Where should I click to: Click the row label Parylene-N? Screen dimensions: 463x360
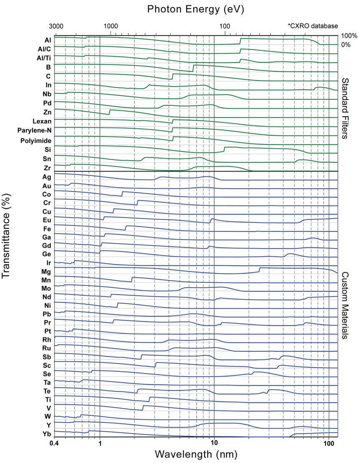pos(34,131)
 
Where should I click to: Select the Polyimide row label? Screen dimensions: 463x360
pos(36,141)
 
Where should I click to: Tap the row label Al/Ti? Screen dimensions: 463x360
pos(44,57)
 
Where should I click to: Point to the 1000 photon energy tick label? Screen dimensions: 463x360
pos(110,26)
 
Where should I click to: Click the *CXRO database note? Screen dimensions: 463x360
pos(312,26)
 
